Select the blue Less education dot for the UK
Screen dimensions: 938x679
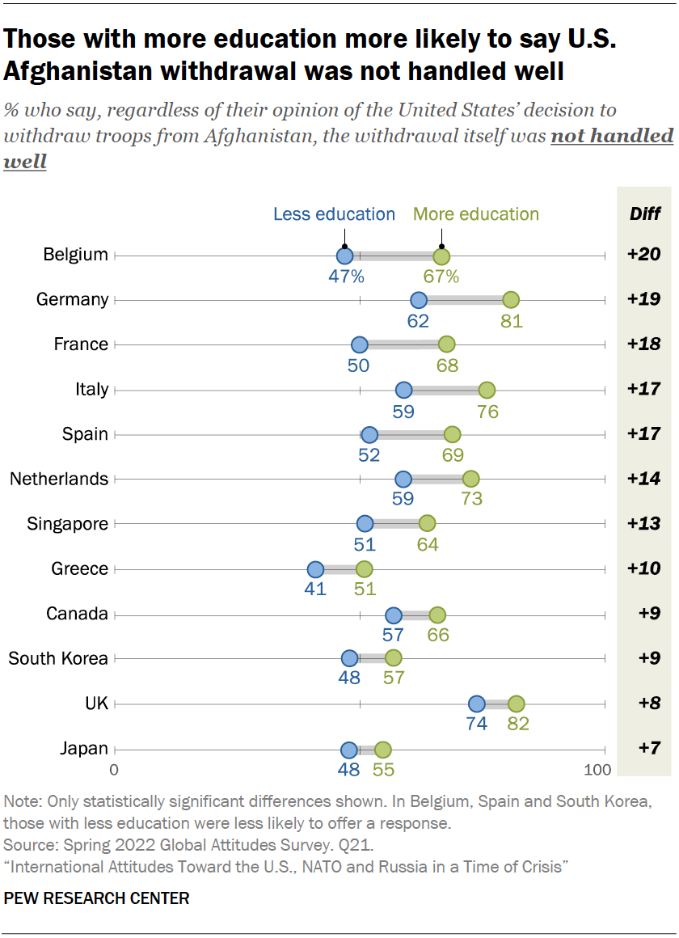(477, 704)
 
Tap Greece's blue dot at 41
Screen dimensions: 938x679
(315, 569)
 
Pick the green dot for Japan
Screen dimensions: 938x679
(382, 750)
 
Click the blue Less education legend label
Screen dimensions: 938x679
(334, 214)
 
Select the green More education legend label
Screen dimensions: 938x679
(476, 214)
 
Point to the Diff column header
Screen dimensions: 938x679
(645, 214)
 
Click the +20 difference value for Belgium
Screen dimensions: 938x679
(644, 255)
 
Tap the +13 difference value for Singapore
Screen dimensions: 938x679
(644, 524)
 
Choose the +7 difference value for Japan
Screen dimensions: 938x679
(644, 749)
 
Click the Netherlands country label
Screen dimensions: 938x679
(59, 479)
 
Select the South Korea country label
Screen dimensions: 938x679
(58, 658)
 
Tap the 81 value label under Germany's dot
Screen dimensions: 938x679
(511, 321)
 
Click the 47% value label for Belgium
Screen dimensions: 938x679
(346, 277)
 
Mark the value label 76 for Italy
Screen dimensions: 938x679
(487, 412)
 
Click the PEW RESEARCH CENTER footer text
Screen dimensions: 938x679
(97, 898)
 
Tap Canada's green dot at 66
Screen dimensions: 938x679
(437, 615)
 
